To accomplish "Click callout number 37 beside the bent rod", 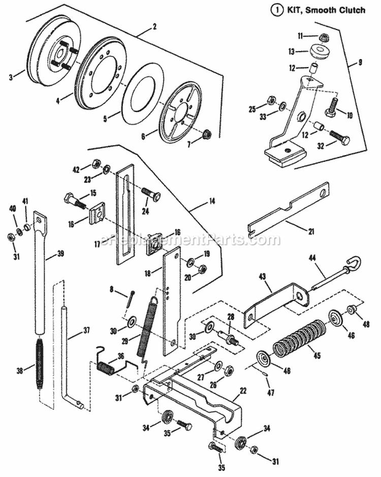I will coord(86,331).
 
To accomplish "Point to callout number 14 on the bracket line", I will coord(211,201).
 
